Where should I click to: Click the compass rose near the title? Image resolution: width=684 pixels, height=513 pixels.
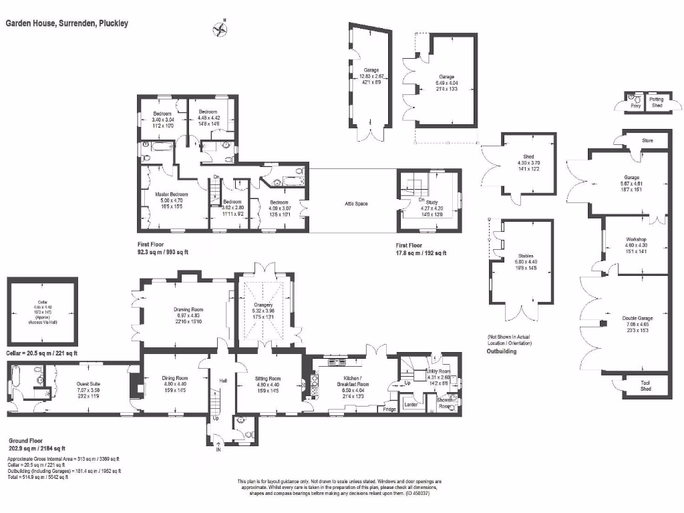218,29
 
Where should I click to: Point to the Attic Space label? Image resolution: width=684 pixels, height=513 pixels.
356,204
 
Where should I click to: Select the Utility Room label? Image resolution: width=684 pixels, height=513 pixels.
439,371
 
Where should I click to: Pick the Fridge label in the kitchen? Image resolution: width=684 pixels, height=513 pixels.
389,409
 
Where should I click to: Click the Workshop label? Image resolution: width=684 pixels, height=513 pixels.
636,239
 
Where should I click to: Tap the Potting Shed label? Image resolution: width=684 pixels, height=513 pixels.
657,102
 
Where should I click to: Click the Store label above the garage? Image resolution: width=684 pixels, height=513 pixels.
647,141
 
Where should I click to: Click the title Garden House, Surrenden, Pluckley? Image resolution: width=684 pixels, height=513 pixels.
67,23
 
